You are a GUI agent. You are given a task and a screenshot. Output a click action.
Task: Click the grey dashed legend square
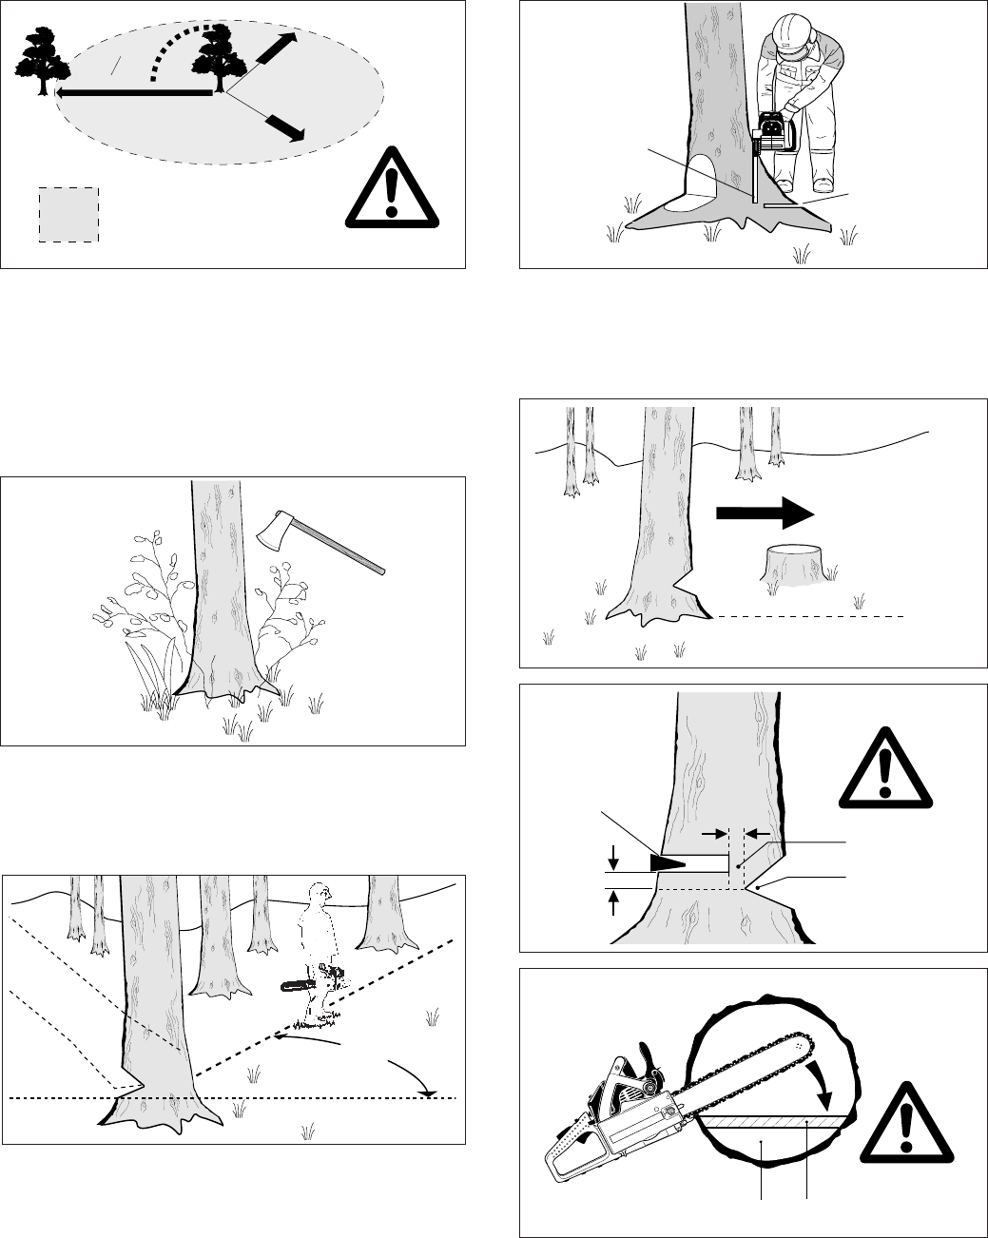(68, 214)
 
